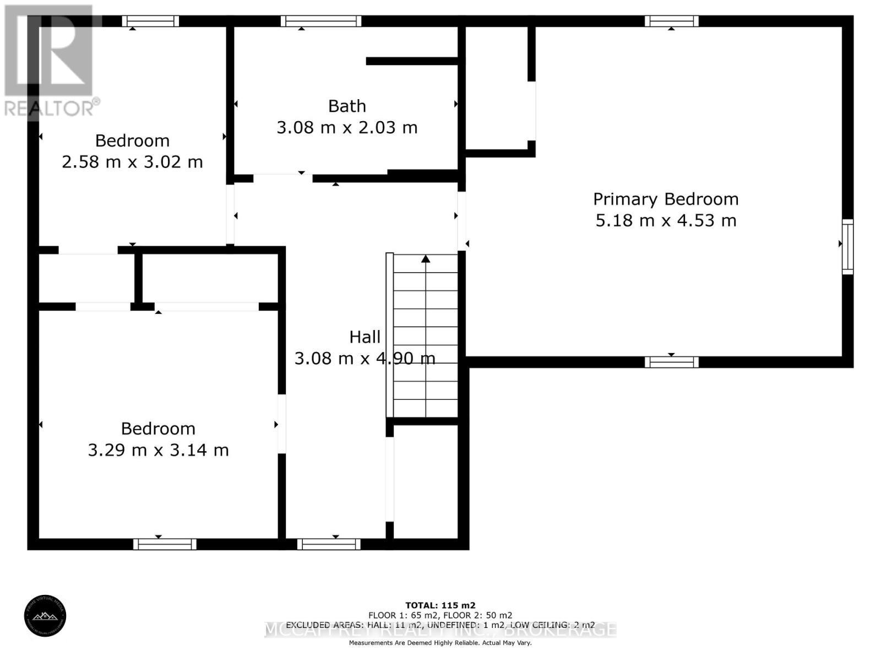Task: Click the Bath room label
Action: [347, 106]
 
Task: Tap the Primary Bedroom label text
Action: [666, 199]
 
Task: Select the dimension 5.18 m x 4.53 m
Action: [666, 220]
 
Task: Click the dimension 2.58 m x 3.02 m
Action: [132, 162]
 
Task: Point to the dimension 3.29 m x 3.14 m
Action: [158, 450]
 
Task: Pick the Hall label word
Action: [365, 337]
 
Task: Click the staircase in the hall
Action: [425, 336]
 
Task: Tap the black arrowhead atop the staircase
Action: [426, 258]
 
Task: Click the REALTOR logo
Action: [51, 61]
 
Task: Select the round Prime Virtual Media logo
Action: [45, 617]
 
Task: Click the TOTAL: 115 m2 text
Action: [440, 605]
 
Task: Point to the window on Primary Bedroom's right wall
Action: [848, 246]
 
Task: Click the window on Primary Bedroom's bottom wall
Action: [671, 362]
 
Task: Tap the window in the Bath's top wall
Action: [320, 21]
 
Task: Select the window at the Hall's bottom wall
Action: [329, 544]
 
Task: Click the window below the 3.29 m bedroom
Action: [165, 544]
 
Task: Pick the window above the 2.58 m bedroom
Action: [150, 21]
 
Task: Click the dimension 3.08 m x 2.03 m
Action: [347, 128]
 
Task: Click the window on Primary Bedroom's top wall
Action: [671, 21]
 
